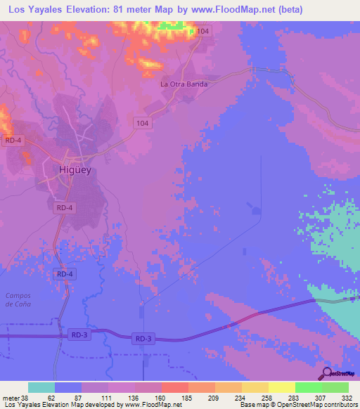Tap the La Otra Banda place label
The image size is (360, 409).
[x=184, y=84]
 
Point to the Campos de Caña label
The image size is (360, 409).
[x=18, y=299]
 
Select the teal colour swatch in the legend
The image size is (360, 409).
[x=41, y=387]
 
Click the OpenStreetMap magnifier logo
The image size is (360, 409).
[x=326, y=374]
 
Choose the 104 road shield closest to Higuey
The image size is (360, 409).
[x=143, y=123]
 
